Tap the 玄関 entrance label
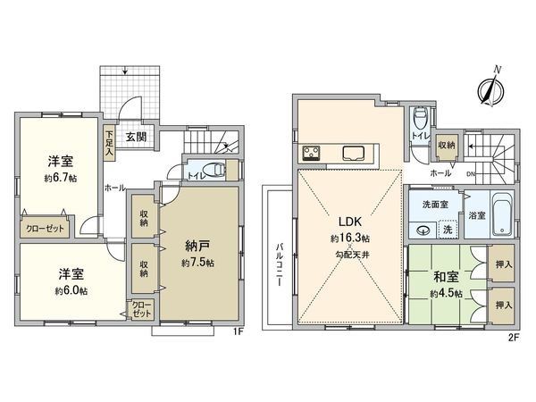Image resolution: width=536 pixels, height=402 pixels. point(136,137)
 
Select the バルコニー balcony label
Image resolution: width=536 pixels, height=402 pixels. point(279,258)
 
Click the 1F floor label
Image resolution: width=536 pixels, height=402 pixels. point(237,333)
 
